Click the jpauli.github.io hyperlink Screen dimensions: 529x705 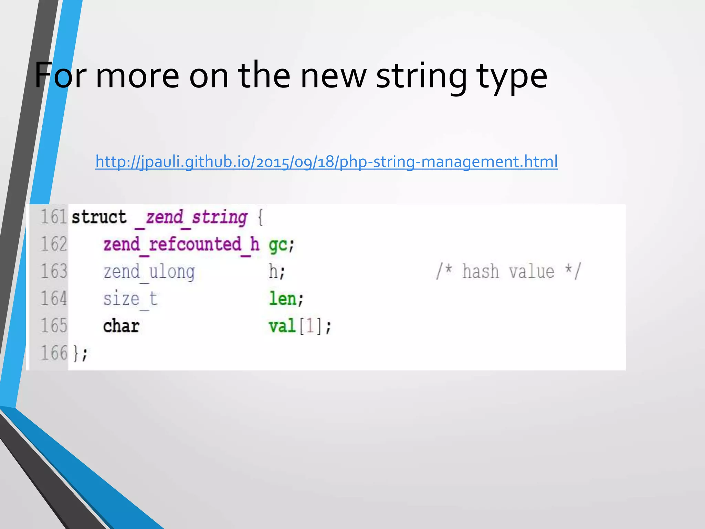pos(326,162)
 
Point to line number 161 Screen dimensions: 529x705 pos(54,217)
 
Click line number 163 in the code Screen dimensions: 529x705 pos(54,271)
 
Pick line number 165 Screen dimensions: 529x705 pos(54,326)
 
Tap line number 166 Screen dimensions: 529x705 pos(54,353)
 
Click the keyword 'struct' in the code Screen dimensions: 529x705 pos(99,217)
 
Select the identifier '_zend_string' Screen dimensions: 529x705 pos(191,218)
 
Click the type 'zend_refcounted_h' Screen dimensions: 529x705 pos(181,245)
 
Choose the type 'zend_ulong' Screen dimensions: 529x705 pos(149,272)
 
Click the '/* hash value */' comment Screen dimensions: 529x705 pos(508,271)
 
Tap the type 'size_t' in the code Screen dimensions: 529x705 pos(130,299)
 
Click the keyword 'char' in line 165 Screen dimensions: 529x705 pos(121,326)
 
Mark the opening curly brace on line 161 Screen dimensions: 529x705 pos(260,218)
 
